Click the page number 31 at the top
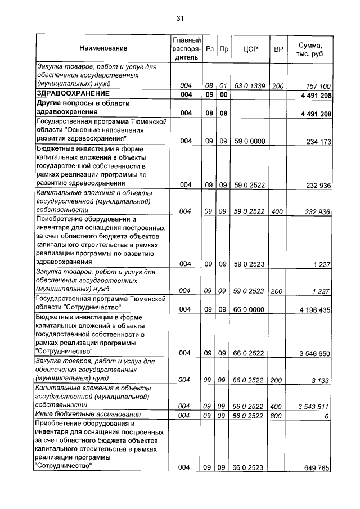[180, 19]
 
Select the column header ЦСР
[250, 49]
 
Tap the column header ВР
[278, 49]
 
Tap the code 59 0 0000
[250, 141]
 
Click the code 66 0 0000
[250, 309]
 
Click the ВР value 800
[278, 415]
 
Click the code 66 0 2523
[250, 467]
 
